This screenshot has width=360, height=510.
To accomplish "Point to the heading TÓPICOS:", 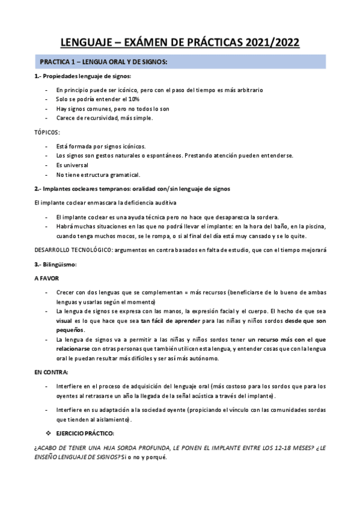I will [x=46, y=132].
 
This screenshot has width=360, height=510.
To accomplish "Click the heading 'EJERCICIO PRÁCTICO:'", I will [x=84, y=433].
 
